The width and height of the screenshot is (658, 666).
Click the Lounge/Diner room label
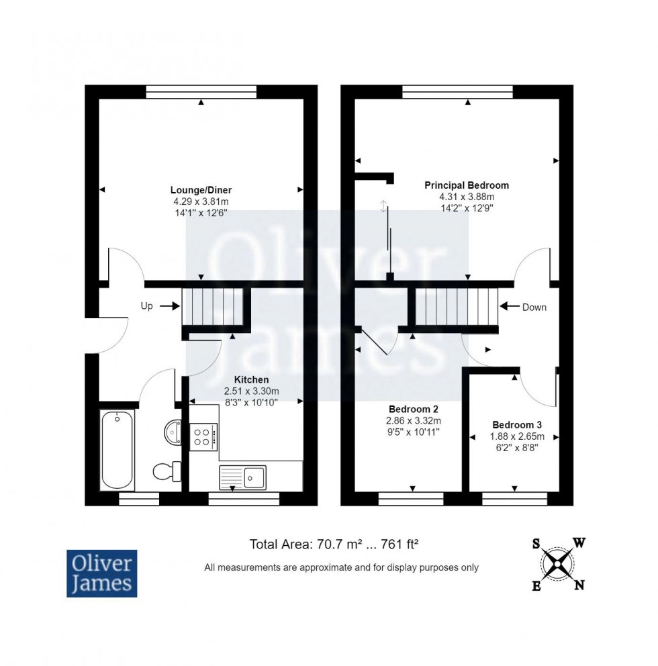[x=201, y=190]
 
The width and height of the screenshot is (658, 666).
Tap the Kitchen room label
[x=251, y=380]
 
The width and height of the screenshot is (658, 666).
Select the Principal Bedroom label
[x=467, y=185]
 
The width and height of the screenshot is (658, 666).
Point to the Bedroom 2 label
[x=414, y=410]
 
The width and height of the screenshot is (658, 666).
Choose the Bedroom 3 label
[x=516, y=425]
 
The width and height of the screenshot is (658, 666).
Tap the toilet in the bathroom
[x=167, y=471]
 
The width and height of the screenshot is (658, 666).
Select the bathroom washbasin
[x=173, y=432]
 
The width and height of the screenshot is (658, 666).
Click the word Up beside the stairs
[x=146, y=306]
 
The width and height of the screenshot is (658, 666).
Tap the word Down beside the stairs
[x=534, y=307]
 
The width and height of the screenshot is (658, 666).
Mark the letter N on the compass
[x=579, y=586]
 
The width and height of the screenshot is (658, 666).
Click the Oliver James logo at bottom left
[x=101, y=573]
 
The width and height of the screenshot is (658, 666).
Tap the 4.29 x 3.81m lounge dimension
[x=201, y=201]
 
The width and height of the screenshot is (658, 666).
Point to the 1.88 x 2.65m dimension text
[x=516, y=436]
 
